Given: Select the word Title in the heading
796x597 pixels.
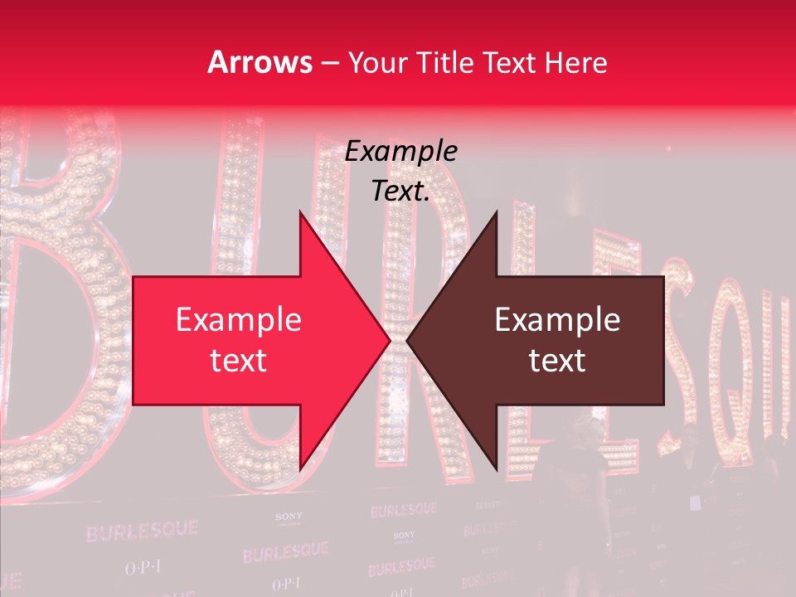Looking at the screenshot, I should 447,63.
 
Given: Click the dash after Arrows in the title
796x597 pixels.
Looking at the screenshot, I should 329,64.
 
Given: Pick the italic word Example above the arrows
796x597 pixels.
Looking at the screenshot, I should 401,151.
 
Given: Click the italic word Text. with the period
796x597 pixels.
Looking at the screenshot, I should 401,192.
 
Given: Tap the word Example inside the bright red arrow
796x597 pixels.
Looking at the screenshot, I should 239,319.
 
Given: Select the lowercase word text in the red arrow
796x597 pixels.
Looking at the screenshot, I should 239,361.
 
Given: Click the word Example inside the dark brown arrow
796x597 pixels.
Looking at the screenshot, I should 557,319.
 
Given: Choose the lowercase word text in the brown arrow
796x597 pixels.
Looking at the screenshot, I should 557,361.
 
